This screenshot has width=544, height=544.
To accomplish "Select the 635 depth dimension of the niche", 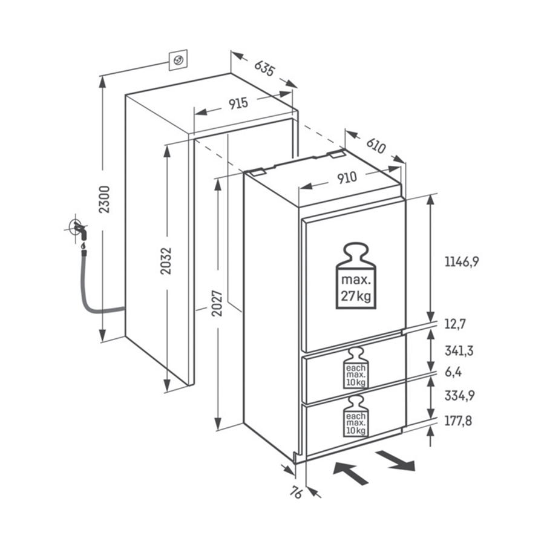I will point(264,68).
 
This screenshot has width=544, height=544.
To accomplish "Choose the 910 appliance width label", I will point(347,177).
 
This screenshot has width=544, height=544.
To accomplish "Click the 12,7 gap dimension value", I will point(454,324).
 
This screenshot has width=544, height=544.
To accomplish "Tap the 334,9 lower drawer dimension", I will point(459,396).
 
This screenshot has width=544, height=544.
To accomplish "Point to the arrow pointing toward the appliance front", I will point(351,472).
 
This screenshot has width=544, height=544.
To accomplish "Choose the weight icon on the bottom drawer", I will point(355,418).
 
